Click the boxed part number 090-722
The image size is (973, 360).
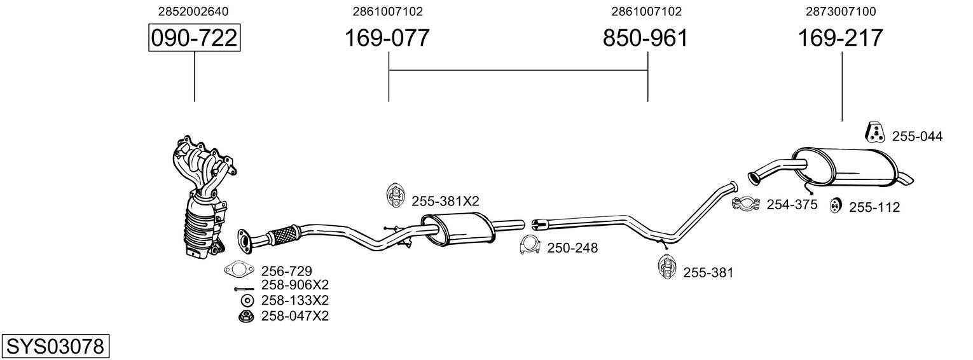pyautogui.click(x=194, y=38)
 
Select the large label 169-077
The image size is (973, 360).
pyautogui.click(x=387, y=38)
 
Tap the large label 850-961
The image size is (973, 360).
pyautogui.click(x=645, y=38)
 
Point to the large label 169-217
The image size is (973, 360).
pyautogui.click(x=841, y=38)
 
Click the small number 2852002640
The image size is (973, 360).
pyautogui.click(x=193, y=11)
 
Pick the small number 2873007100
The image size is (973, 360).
pyautogui.click(x=840, y=11)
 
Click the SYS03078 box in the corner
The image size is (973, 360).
pyautogui.click(x=55, y=347)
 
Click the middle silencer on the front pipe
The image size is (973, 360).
pyautogui.click(x=458, y=229)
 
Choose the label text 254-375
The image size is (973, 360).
pyautogui.click(x=792, y=204)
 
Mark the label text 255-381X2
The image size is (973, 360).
pyautogui.click(x=445, y=201)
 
